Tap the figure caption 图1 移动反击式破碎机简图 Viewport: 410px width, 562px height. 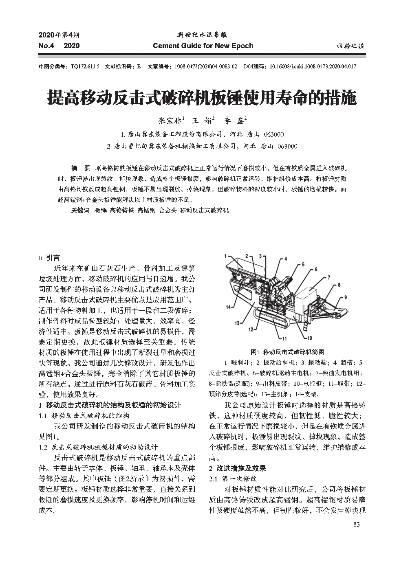click(x=287, y=352)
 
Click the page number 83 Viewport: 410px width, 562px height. click(x=357, y=524)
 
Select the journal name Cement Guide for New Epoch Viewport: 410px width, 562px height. click(x=203, y=46)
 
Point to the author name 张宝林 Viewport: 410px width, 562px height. click(x=170, y=121)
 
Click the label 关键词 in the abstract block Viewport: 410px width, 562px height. click(x=80, y=210)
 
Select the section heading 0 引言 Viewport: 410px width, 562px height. click(x=48, y=257)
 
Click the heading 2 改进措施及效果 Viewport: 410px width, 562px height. click(x=237, y=468)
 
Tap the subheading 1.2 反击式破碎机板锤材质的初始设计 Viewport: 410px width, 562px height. click(x=97, y=447)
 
